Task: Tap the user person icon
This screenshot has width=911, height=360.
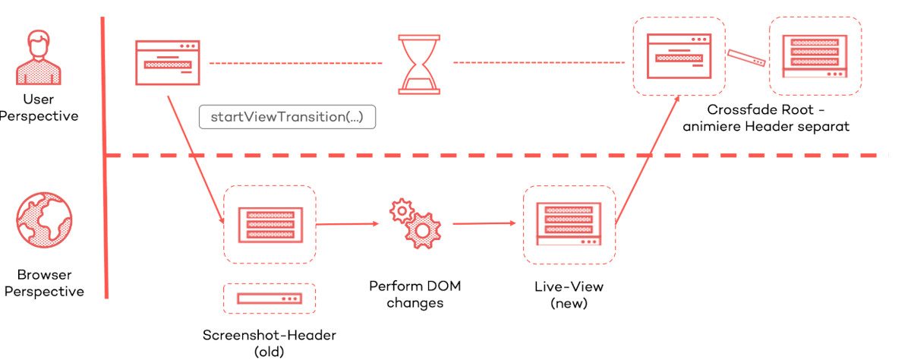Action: coord(38,57)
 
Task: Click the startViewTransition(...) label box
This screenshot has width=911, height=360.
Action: coord(287,118)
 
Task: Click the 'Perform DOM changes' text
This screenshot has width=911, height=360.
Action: coord(415,295)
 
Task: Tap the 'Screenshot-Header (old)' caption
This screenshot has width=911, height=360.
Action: coord(270,343)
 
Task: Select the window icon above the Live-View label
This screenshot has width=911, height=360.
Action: coord(569,224)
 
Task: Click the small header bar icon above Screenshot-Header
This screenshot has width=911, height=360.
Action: coord(270,298)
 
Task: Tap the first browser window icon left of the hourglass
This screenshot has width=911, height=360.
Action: coord(166,63)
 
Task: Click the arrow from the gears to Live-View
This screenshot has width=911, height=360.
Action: coord(485,224)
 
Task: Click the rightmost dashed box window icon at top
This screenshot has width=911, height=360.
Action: coord(815,56)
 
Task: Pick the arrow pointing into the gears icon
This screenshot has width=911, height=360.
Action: coord(347,224)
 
